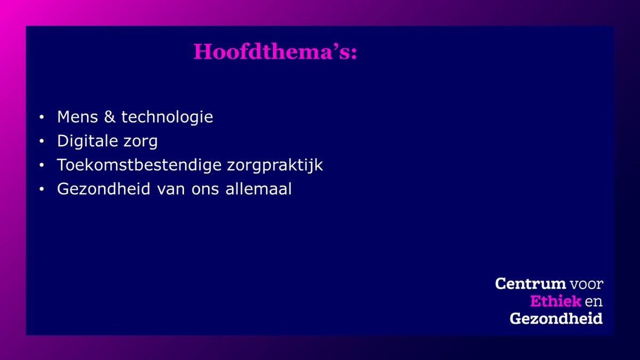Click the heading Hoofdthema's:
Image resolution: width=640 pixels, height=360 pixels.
(x=275, y=52)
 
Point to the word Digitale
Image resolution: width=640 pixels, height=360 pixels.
(x=89, y=141)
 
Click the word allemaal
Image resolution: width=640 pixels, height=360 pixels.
(x=260, y=189)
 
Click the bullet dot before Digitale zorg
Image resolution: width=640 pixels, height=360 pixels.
(x=42, y=142)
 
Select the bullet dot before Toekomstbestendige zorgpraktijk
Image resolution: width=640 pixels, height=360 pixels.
(x=42, y=166)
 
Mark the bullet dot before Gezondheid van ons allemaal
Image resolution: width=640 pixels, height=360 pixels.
(x=42, y=190)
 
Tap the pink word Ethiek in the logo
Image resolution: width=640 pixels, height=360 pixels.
(x=555, y=301)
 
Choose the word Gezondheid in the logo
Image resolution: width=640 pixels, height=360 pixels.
(x=556, y=319)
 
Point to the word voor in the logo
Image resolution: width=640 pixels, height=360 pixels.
(x=586, y=284)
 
